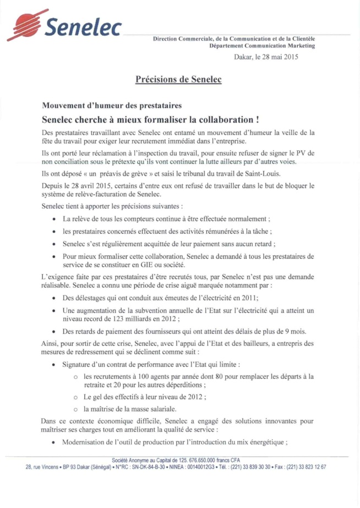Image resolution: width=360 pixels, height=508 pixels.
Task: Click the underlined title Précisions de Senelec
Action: click(178, 80)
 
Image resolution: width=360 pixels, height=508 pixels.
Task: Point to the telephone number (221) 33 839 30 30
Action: click(249, 467)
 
